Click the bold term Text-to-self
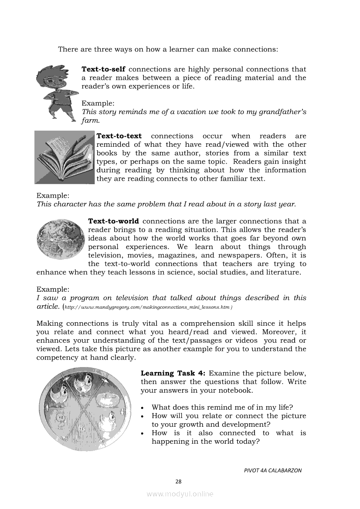(104, 69)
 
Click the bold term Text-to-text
(119, 136)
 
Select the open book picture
(64, 157)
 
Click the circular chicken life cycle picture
(85, 409)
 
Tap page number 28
(178, 481)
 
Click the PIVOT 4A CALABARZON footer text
(272, 470)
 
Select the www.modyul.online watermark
(180, 494)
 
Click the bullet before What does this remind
(143, 408)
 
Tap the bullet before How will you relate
(143, 416)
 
